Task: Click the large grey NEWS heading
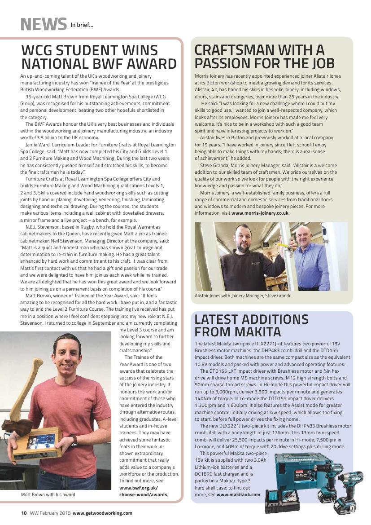pyautogui.click(x=44, y=24)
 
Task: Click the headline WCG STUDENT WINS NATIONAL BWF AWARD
pyautogui.click(x=99, y=57)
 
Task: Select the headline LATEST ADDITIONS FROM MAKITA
pyautogui.click(x=251, y=326)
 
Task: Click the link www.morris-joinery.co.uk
pyautogui.click(x=260, y=213)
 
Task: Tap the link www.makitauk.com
pyautogui.click(x=238, y=494)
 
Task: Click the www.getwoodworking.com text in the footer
pyautogui.click(x=102, y=513)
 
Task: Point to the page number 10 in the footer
pyautogui.click(x=24, y=513)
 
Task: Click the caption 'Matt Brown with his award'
pyautogui.click(x=48, y=494)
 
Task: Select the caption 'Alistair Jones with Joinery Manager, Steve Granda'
pyautogui.click(x=243, y=296)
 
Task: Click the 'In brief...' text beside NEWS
pyautogui.click(x=82, y=25)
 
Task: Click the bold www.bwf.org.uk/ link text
pyautogui.click(x=139, y=488)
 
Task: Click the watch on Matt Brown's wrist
pyautogui.click(x=74, y=441)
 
